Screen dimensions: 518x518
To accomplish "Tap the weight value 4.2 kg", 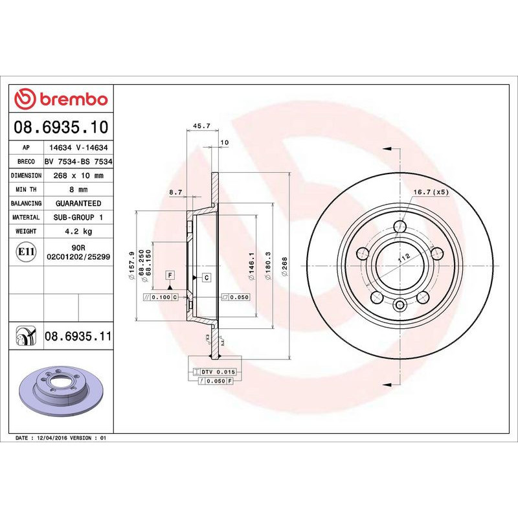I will (79, 231).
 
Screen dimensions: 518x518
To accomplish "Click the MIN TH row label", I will (27, 190).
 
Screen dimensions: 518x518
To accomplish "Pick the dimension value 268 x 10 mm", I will (79, 175).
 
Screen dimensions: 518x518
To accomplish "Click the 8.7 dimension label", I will (175, 192).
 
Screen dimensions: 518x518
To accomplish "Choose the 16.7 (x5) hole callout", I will (431, 192).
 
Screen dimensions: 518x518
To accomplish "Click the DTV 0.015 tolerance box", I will (218, 372).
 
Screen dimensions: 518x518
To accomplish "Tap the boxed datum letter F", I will (170, 275).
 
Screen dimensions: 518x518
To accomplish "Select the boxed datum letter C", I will (206, 278).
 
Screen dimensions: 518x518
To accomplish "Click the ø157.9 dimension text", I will (132, 265).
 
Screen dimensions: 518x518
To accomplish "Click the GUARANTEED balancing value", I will (79, 203).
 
